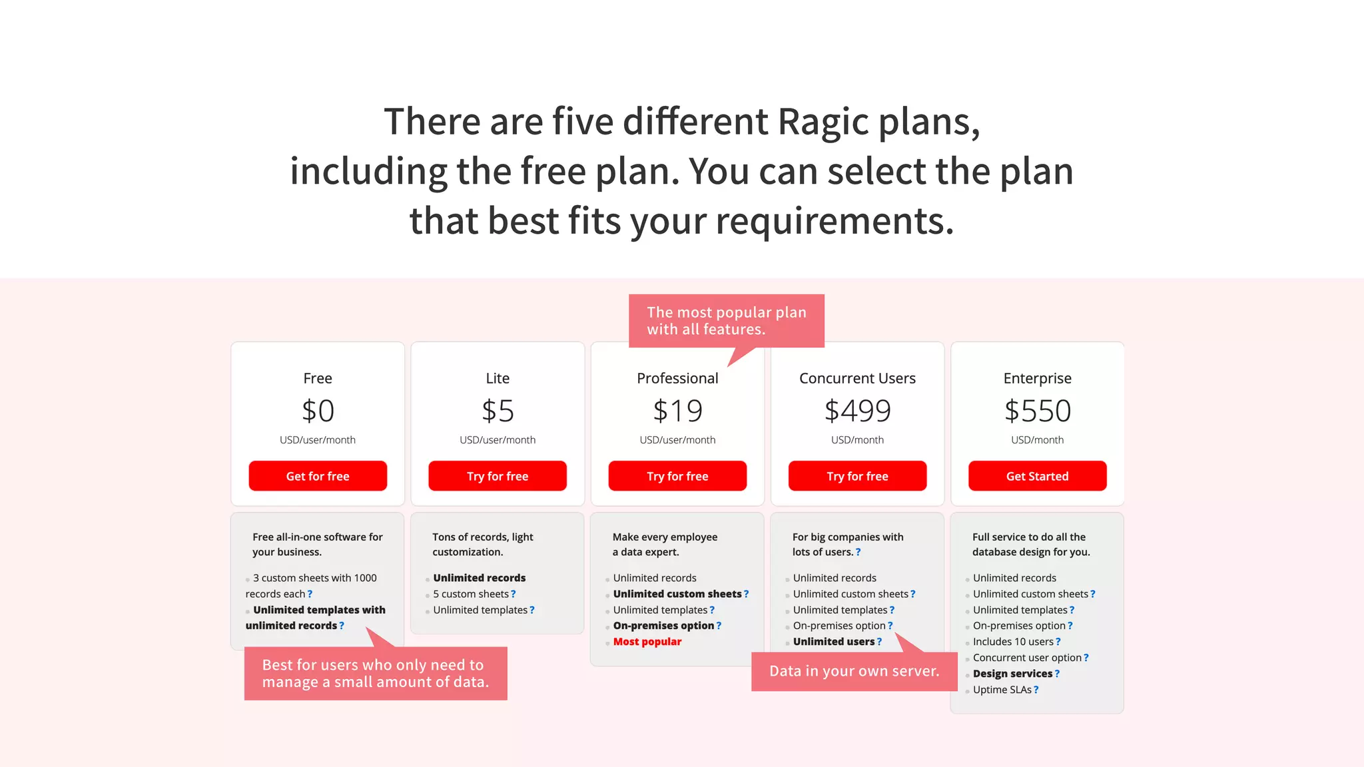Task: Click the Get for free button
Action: point(318,476)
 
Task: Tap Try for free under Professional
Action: point(677,476)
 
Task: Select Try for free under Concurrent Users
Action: point(857,476)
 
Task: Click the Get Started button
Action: point(1037,476)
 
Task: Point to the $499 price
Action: point(857,411)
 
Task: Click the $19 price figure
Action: point(677,411)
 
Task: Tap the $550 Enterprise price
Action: point(1037,411)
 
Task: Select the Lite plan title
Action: point(498,378)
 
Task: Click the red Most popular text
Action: point(647,642)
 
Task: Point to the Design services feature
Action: point(1012,674)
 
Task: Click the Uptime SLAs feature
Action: point(1002,690)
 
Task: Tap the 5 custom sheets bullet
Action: point(470,594)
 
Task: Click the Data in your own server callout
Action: point(854,671)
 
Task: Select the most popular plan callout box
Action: point(726,320)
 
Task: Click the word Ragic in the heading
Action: point(823,122)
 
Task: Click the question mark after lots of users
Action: point(858,552)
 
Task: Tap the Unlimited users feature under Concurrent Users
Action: point(833,642)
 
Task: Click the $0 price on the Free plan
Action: point(318,411)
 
